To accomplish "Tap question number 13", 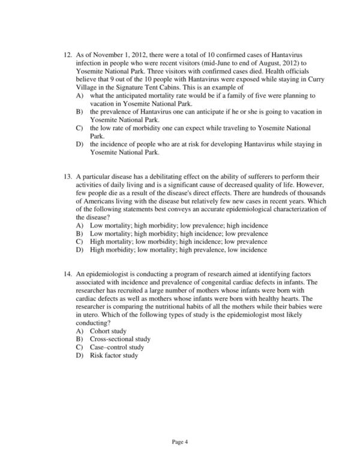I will (x=67, y=177).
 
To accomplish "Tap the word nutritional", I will (x=182, y=305).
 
